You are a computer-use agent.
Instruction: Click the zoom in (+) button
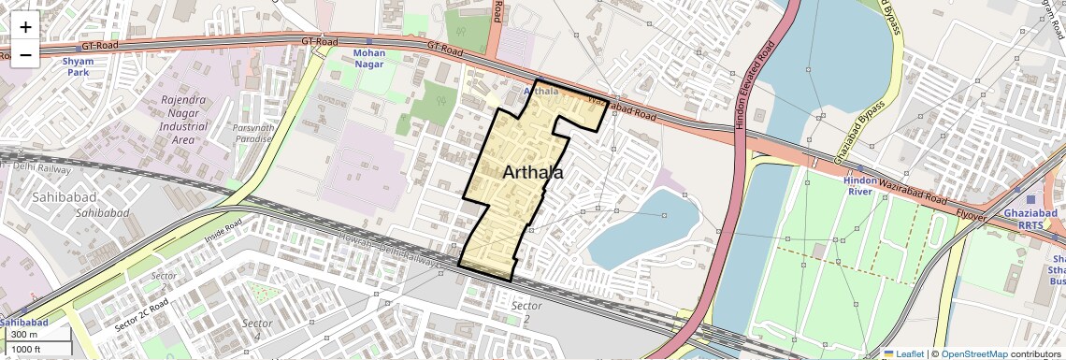(x=25, y=28)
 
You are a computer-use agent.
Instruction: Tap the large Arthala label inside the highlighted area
(x=533, y=173)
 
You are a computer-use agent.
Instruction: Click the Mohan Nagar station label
(x=369, y=59)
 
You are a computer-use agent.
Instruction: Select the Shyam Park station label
(x=78, y=66)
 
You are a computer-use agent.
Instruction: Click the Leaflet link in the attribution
(x=903, y=353)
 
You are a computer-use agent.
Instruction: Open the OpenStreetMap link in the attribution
(x=973, y=353)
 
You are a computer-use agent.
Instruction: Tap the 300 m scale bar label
(x=25, y=335)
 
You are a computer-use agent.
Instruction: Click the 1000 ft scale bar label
(x=29, y=349)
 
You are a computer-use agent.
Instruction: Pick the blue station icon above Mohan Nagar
(x=369, y=42)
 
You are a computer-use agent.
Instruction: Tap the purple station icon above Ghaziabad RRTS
(x=1030, y=198)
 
